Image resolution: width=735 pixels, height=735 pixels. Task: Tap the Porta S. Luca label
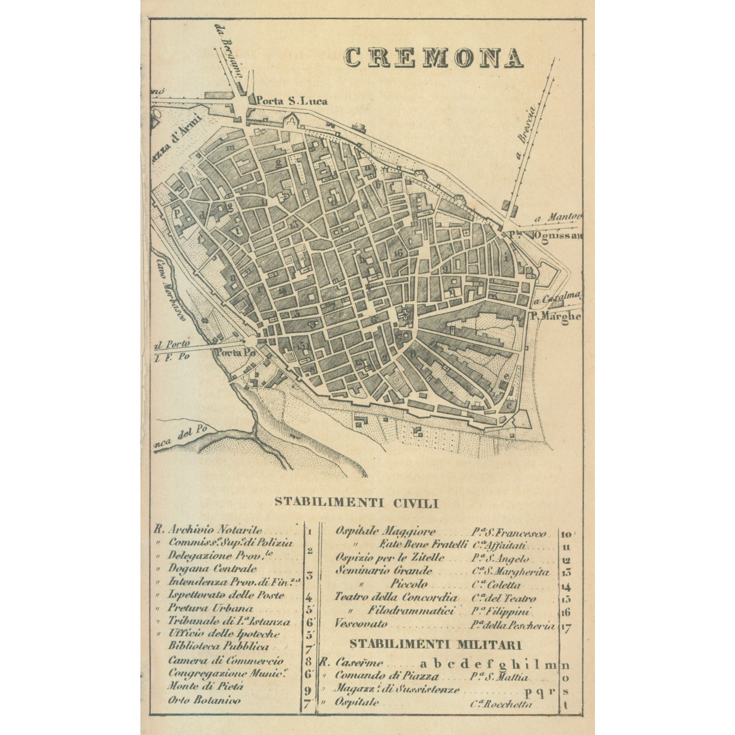click(x=291, y=101)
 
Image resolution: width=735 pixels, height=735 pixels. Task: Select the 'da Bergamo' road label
click(x=228, y=51)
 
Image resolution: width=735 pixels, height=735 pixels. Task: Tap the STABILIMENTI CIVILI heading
click(x=357, y=503)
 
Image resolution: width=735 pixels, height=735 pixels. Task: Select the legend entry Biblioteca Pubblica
click(x=218, y=646)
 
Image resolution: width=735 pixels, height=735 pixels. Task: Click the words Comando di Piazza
click(x=387, y=677)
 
